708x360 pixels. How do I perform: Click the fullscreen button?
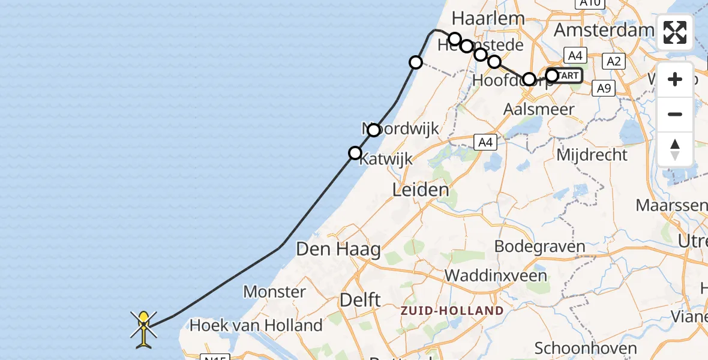click(x=675, y=32)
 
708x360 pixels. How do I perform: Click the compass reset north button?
click(x=675, y=149)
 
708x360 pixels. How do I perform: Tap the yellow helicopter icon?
click(x=144, y=329)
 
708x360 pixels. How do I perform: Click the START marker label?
click(x=566, y=76)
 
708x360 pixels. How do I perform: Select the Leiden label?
click(x=420, y=191)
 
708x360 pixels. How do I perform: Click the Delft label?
click(x=360, y=299)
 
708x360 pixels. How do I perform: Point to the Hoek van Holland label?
click(x=256, y=326)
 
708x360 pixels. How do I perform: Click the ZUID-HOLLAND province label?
click(x=452, y=311)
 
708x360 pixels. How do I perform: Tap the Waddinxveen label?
click(x=496, y=276)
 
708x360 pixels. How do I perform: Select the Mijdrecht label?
click(x=592, y=155)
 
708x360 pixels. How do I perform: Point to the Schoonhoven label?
click(x=585, y=349)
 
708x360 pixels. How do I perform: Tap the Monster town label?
click(x=275, y=292)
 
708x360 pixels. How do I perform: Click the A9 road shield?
click(x=603, y=89)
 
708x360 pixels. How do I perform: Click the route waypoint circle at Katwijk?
click(x=355, y=153)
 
